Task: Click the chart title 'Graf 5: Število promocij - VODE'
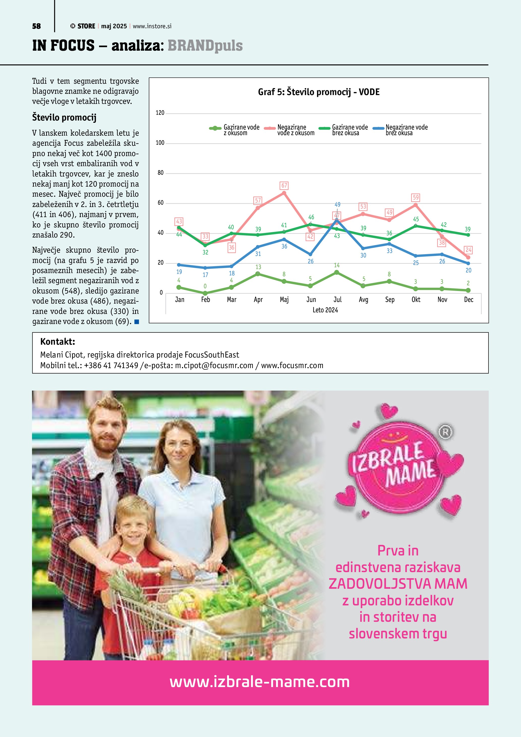(319, 92)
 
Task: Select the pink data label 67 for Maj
(284, 186)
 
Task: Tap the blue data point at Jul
(336, 220)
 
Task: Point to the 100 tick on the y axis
(160, 143)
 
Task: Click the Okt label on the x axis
(416, 300)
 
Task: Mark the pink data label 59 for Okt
(415, 197)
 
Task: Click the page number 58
(36, 26)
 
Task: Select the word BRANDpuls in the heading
(205, 46)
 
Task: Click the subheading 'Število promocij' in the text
(64, 117)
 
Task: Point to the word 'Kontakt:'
(57, 342)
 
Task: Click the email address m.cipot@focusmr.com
(214, 366)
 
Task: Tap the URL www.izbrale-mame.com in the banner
(260, 682)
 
